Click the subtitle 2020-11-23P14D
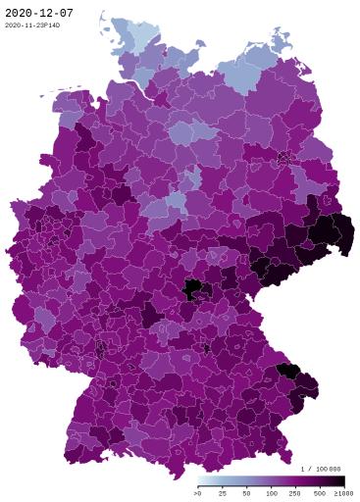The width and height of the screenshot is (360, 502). point(31,25)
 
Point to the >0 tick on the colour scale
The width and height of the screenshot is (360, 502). point(199,492)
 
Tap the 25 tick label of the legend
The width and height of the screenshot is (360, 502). point(223,492)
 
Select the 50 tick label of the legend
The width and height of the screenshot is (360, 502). point(247,492)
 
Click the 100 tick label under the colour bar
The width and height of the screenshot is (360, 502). point(272,492)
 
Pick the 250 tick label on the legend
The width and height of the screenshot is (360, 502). point(295,492)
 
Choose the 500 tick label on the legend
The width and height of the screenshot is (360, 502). point(320,492)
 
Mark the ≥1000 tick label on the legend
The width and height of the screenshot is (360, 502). point(342,492)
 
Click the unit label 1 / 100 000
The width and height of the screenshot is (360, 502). point(321,470)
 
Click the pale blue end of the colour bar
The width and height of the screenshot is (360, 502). point(201,480)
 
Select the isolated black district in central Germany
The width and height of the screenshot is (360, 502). point(195,288)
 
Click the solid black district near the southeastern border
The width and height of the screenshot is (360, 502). point(287,370)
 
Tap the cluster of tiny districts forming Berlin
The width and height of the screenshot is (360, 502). point(285,156)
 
